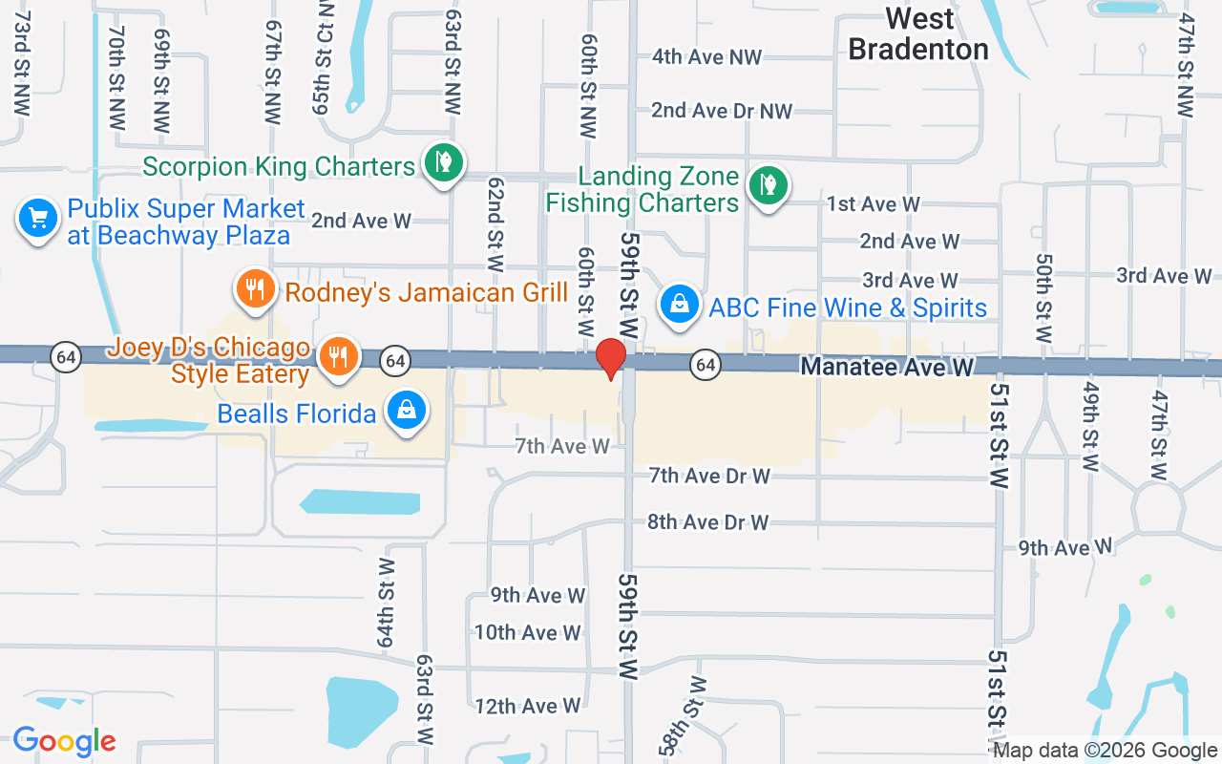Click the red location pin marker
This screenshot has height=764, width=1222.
pos(610,358)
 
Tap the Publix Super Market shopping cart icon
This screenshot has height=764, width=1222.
pos(38,219)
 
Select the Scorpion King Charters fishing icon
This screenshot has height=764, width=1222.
pos(443,162)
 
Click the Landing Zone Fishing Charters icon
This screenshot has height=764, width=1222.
pos(767,184)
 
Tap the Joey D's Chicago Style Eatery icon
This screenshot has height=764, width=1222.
pos(337,356)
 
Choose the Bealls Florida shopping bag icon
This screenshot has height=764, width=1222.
pos(407,412)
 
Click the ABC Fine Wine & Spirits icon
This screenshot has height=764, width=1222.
pos(679,306)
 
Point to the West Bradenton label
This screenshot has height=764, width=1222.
pos(918,33)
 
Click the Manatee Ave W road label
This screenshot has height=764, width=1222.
pos(887,367)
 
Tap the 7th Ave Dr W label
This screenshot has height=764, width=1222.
pos(709,476)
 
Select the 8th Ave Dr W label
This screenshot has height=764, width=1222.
pos(707,522)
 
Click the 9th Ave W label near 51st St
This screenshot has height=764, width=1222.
pos(1065,547)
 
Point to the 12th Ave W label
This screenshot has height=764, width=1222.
pos(527,707)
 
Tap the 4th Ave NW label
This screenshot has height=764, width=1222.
pos(706,57)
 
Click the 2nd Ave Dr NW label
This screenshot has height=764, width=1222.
pos(722,111)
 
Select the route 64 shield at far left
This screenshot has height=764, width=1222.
pos(66,357)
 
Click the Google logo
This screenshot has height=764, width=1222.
pos(64,741)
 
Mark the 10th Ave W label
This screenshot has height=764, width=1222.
pos(528,632)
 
